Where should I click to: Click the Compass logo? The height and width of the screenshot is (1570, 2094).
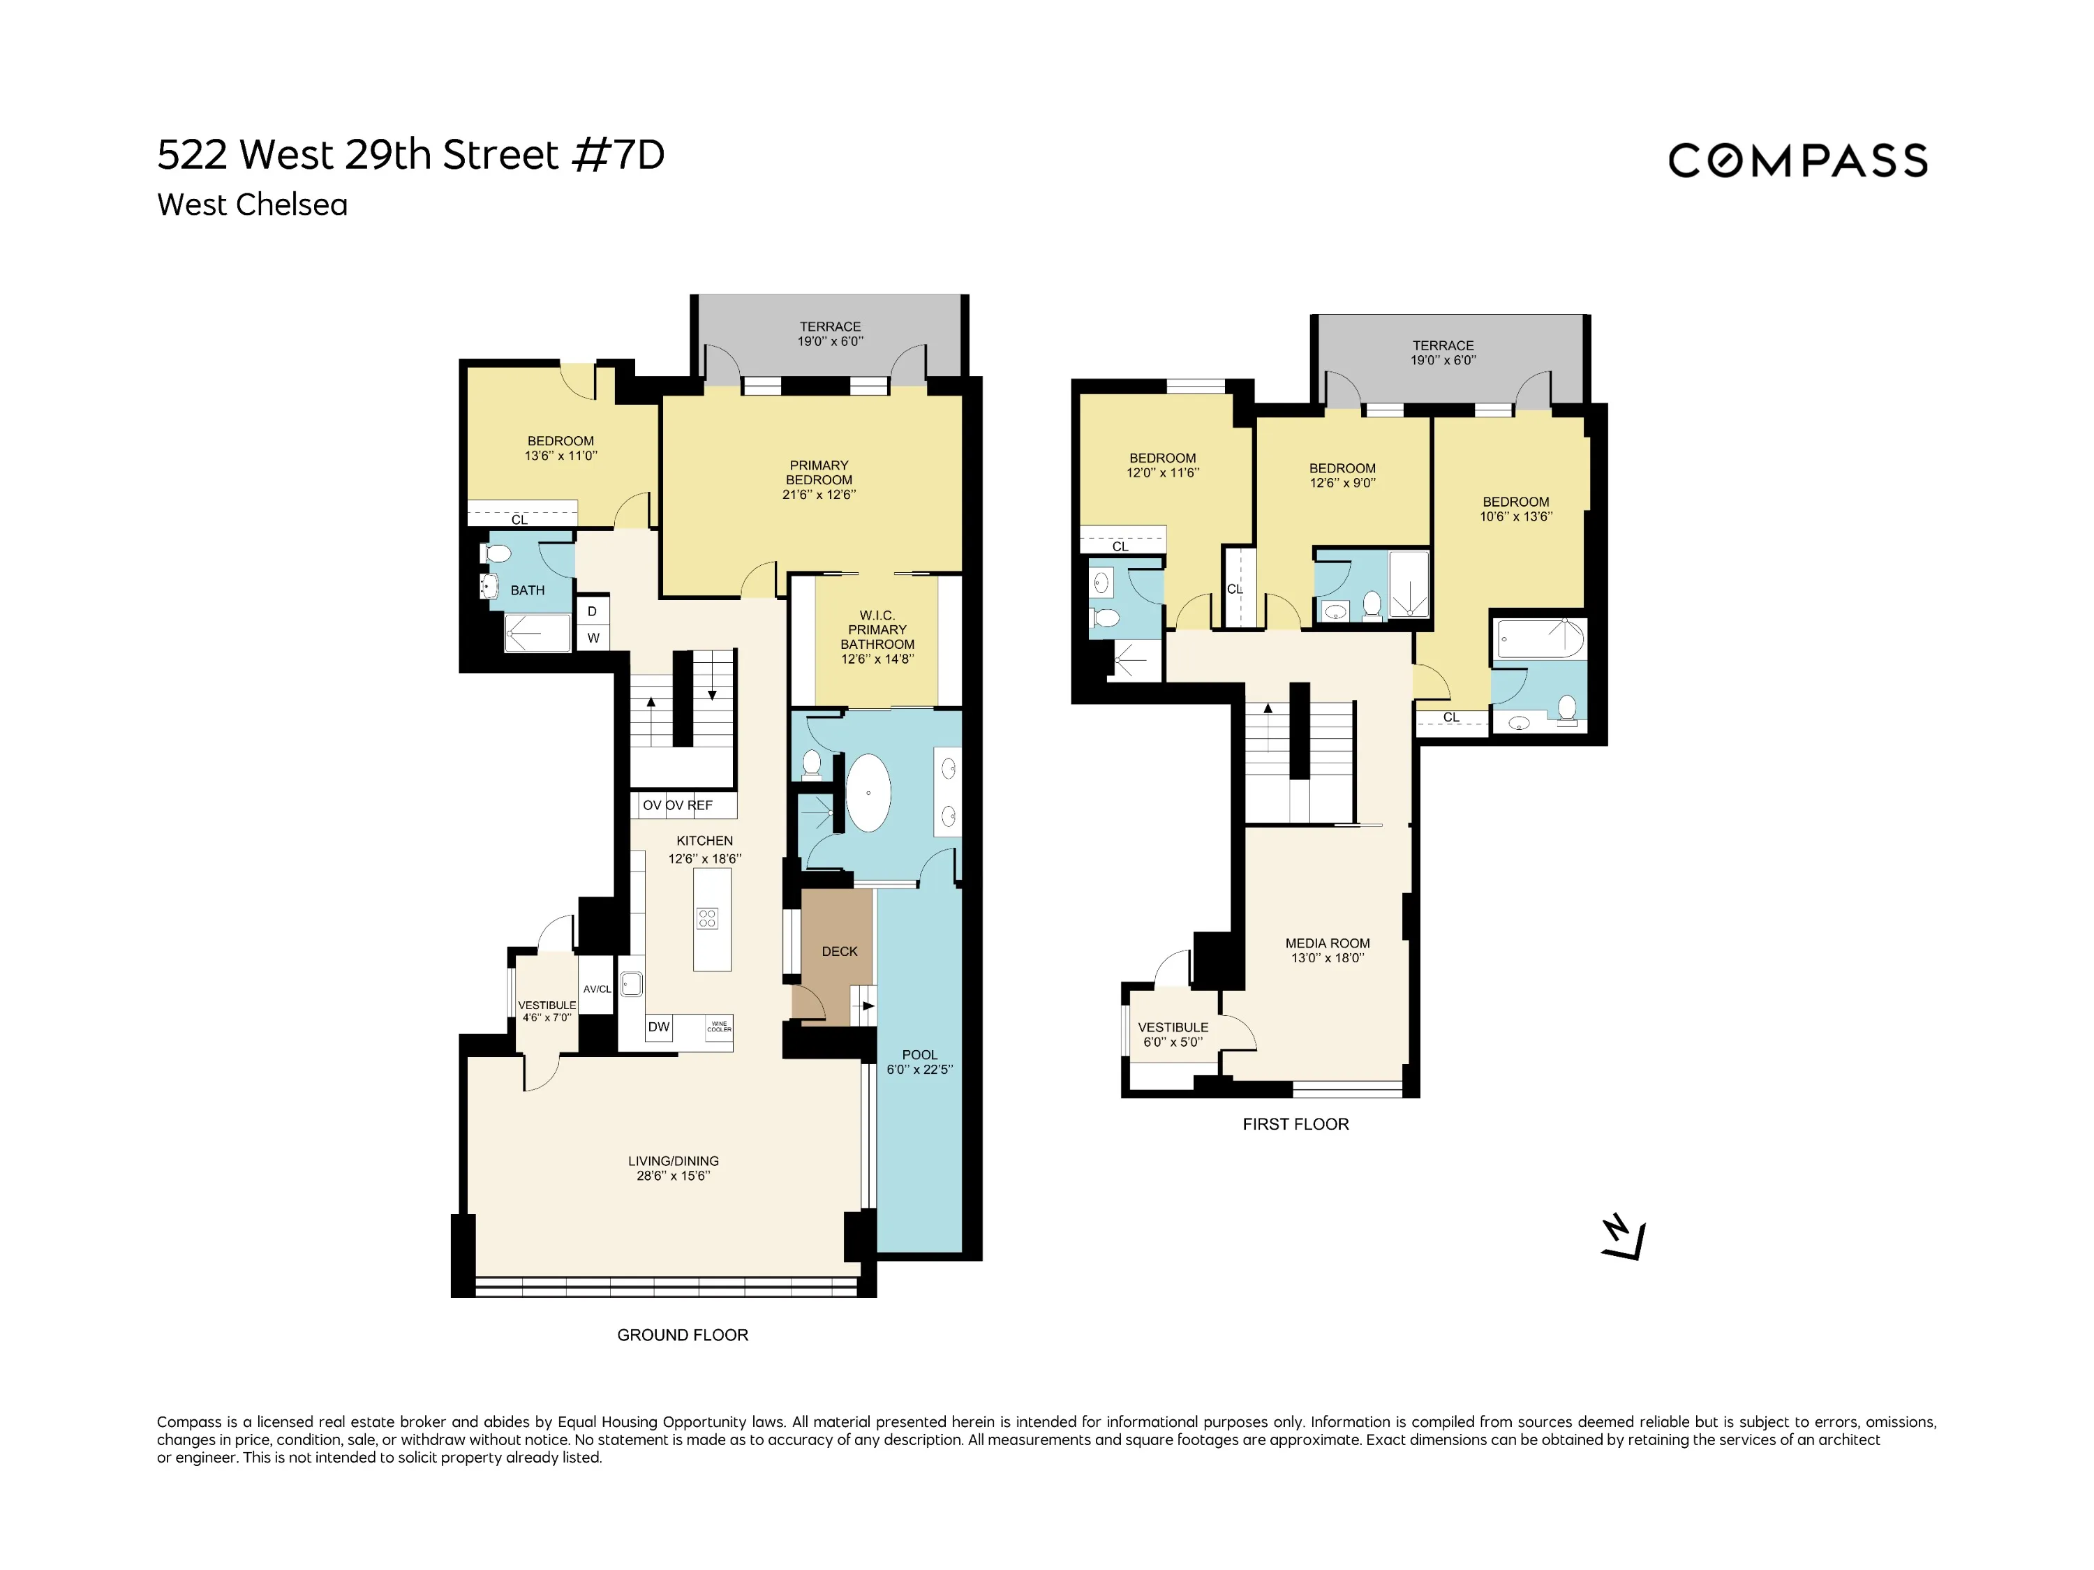click(1797, 161)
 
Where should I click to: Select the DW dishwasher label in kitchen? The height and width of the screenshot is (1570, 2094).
click(659, 1027)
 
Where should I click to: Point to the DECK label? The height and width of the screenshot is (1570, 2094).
click(839, 951)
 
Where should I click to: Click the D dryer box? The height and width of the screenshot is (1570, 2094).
click(593, 611)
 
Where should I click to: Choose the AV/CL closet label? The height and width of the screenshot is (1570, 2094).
click(596, 989)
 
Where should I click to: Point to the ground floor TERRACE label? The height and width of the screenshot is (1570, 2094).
click(829, 333)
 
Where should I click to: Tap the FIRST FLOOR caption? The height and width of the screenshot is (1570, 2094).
click(1295, 1123)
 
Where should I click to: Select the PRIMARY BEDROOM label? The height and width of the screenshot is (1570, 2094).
click(819, 479)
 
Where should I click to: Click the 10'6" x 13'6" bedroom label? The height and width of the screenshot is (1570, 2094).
click(1515, 509)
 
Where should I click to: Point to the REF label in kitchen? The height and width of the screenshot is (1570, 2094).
click(701, 805)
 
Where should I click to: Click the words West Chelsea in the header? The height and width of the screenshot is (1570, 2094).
click(252, 204)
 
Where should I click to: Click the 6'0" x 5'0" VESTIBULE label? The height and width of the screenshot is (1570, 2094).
click(1173, 1034)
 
